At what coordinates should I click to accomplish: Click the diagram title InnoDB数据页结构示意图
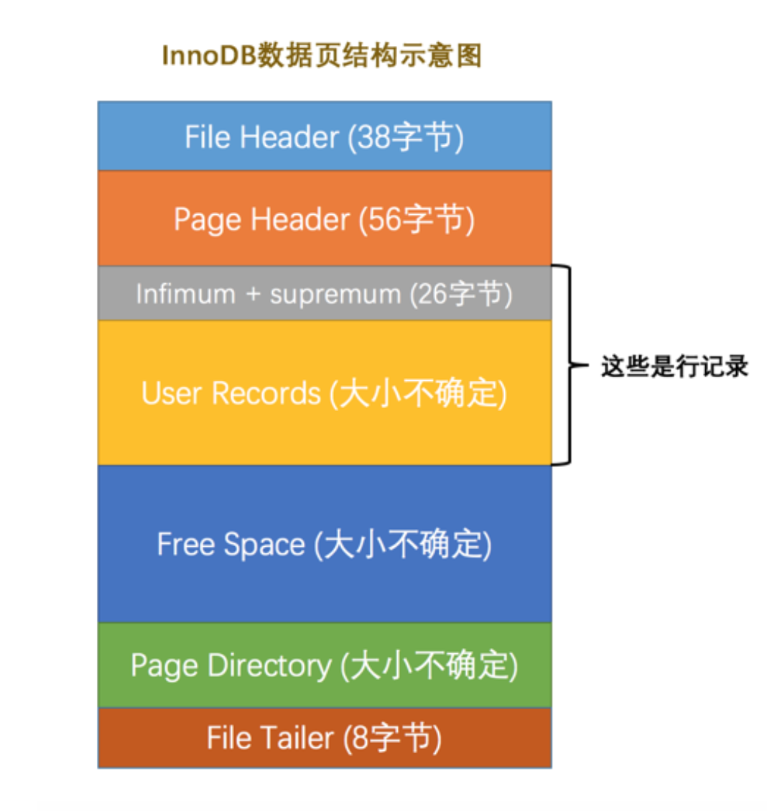pos(321,55)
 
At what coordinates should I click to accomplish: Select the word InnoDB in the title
pos(209,56)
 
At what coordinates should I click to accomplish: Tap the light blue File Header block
pos(325,136)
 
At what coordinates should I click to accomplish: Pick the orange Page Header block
pos(325,218)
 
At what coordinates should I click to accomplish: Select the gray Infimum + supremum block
pos(325,293)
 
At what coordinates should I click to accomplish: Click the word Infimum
pos(185,294)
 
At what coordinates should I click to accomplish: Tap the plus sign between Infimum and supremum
pos(252,295)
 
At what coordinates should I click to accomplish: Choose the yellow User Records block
pos(325,392)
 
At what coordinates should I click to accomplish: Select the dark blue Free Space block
pos(325,543)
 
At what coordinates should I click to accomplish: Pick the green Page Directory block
pos(325,665)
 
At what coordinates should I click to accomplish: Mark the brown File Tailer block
pos(325,737)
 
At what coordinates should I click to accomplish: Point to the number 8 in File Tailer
pos(359,738)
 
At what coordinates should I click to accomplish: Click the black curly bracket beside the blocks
pos(567,365)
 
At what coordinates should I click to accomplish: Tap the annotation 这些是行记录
pos(674,366)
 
